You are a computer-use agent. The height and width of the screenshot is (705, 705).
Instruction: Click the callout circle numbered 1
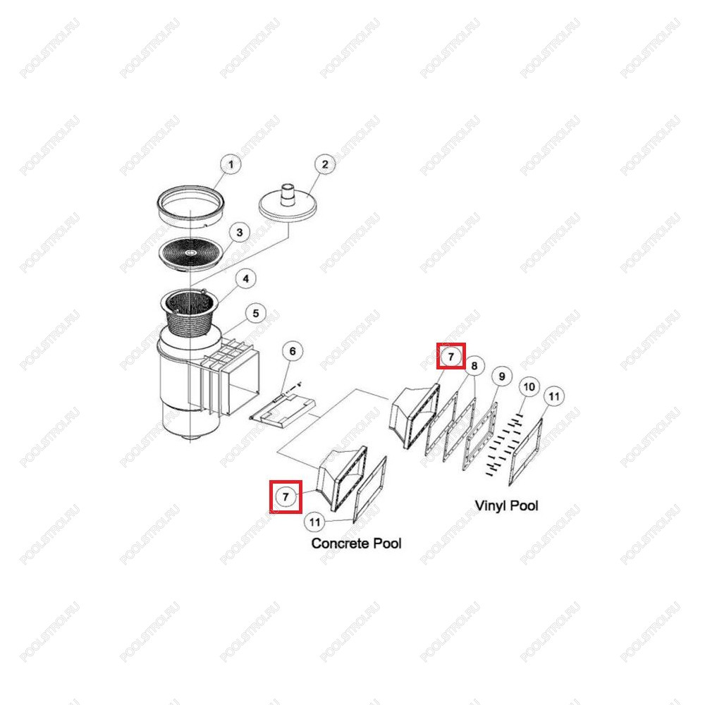tap(231, 164)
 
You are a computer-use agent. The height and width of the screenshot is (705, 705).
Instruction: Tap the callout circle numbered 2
tap(324, 164)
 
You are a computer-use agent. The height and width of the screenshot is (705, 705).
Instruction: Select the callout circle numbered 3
tap(239, 233)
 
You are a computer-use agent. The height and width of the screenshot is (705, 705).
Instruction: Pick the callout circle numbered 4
tap(245, 278)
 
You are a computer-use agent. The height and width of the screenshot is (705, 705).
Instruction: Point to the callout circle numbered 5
tap(255, 314)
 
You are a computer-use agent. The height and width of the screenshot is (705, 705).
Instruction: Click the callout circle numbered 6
tap(293, 351)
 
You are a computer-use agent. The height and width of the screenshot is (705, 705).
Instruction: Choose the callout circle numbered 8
tap(474, 366)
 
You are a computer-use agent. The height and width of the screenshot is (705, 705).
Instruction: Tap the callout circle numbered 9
tap(502, 376)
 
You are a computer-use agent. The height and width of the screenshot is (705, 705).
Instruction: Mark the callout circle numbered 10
tap(529, 387)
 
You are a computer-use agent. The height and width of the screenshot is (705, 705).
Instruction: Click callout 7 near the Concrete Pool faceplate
tap(286, 497)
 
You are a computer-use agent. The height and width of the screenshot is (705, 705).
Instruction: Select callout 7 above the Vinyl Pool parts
tap(451, 357)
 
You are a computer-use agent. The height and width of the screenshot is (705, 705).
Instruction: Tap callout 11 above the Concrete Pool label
tap(314, 522)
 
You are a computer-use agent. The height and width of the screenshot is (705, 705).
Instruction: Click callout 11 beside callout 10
tap(554, 396)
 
